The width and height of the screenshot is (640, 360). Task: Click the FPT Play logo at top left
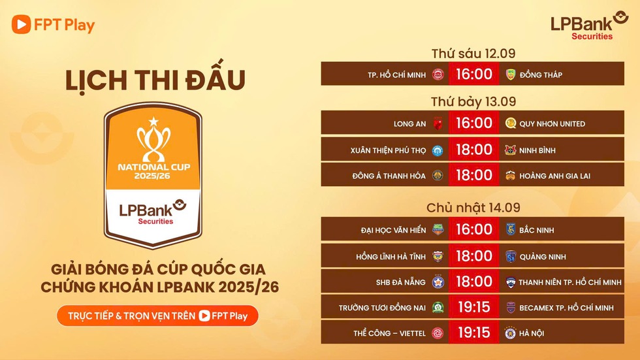pos(54,25)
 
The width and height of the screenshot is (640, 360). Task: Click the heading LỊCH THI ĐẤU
pos(155,80)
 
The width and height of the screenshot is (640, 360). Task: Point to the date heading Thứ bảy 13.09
pos(473,102)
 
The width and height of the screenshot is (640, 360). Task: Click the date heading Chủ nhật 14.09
pos(473,208)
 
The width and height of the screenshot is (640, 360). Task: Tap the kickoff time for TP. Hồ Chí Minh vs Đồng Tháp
pos(474,74)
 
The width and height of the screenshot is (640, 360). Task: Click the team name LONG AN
pos(409,123)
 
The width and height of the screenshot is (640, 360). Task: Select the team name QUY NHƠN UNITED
pos(552,123)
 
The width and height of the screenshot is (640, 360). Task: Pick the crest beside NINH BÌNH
pos(510,150)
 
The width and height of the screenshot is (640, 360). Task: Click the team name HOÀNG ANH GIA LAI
pos(554,176)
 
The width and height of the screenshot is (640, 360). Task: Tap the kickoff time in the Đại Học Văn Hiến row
pos(474,229)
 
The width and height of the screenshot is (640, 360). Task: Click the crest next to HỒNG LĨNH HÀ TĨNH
pos(438,256)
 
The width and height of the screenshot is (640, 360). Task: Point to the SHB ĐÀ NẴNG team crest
pos(438,282)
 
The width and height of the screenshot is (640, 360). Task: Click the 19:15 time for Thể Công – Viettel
pos(474,333)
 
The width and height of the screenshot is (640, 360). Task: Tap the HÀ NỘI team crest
pos(510,333)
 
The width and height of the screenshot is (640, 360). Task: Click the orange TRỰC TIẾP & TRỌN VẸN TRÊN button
pos(157,316)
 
